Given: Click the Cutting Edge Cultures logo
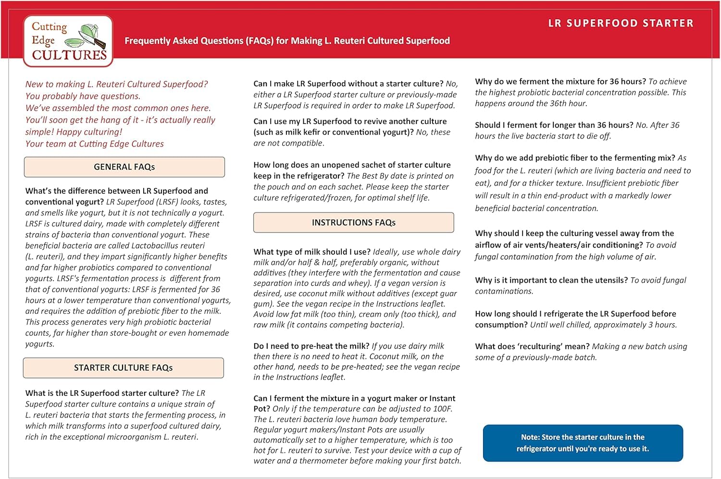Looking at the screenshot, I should pos(68,41).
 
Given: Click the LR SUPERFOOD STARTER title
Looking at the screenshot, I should pos(621,24).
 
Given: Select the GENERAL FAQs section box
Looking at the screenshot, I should pos(124,167).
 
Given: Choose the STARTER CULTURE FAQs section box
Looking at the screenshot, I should pos(123,368).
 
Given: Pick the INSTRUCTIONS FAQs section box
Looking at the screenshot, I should pos(353,223).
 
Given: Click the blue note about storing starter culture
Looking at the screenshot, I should pos(583,443).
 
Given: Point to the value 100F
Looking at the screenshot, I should pos(442,409).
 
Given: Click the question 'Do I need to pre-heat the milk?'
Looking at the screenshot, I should pos(311,346).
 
